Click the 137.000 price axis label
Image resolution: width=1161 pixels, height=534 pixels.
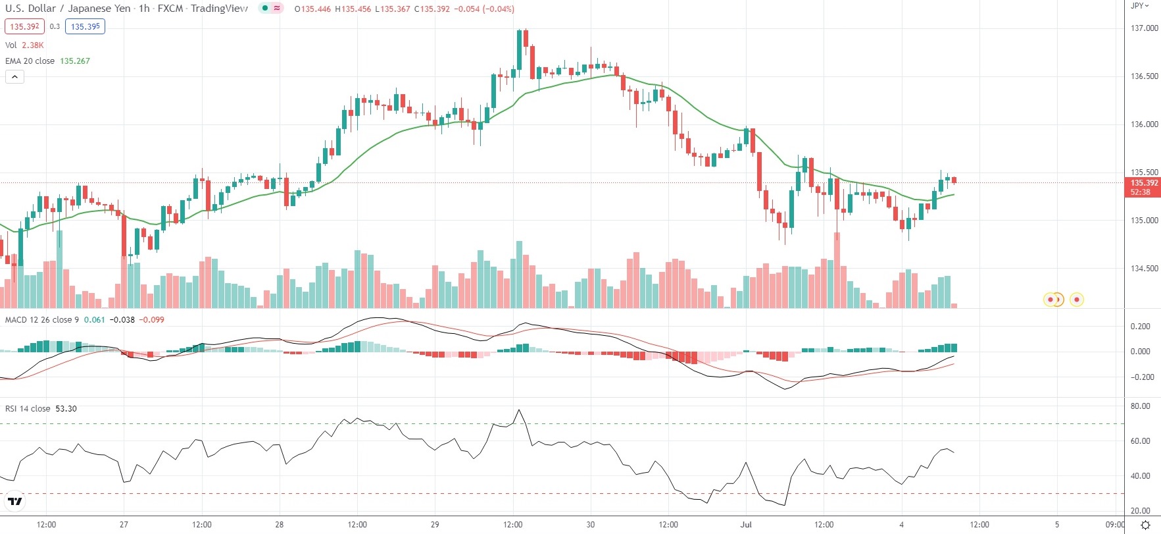point(1144,28)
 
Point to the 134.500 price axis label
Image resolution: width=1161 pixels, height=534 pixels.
point(1144,269)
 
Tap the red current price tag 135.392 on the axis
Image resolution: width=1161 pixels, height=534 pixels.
point(1144,183)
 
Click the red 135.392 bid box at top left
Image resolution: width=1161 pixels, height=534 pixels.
point(25,26)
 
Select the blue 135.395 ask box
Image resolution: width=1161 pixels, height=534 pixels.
point(86,26)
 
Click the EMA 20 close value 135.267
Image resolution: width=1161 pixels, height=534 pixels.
point(75,61)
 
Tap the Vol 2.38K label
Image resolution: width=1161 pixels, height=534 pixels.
point(24,45)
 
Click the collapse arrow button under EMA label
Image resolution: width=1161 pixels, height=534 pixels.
point(14,77)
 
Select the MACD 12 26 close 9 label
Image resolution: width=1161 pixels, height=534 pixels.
point(42,320)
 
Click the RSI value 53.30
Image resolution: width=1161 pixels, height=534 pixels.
point(66,409)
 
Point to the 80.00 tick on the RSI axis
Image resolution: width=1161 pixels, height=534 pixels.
point(1140,406)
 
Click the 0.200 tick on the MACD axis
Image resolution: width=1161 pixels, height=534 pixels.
point(1140,327)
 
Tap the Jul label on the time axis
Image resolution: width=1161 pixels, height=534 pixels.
point(746,525)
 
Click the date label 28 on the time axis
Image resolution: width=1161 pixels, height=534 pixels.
point(280,525)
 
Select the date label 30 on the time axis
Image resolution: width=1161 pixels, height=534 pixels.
point(591,525)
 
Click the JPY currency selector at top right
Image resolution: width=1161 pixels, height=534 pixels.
point(1139,6)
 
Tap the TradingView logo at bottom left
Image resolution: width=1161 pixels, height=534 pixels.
point(14,502)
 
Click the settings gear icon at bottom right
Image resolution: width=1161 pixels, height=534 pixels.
point(1145,525)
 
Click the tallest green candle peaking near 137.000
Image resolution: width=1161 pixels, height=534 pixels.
point(519,49)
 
